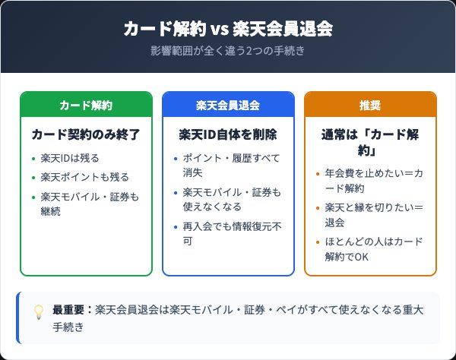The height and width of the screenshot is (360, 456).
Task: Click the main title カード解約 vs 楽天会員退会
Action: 228,30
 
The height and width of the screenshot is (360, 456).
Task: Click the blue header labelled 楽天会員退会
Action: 228,104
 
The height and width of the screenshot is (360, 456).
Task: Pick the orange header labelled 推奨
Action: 370,104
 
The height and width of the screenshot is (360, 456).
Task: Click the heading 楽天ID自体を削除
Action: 228,134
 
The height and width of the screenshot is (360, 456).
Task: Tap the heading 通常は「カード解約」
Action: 370,143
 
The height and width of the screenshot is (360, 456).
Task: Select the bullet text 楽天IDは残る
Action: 70,159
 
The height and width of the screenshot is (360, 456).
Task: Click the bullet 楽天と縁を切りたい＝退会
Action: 374,214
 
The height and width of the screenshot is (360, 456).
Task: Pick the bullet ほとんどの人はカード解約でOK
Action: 374,249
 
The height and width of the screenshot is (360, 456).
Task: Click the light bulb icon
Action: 38,311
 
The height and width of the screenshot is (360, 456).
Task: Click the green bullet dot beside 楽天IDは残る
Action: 33,159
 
